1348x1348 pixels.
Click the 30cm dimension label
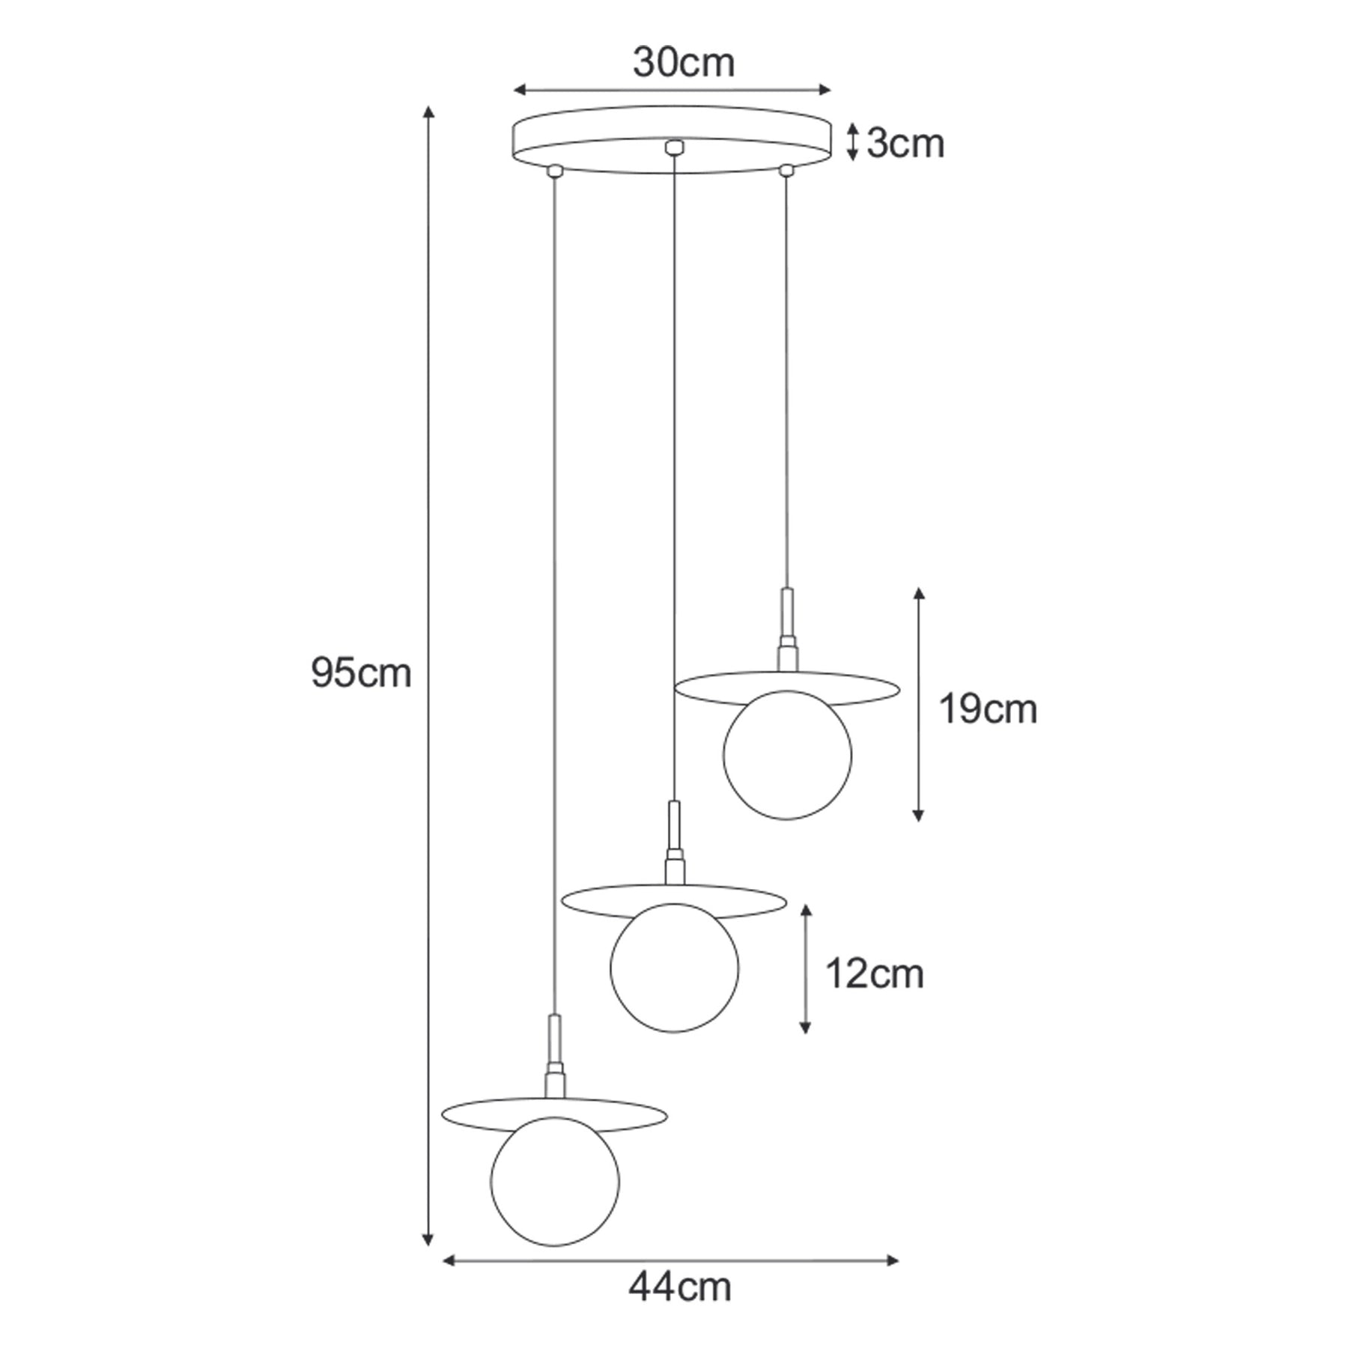coord(683,63)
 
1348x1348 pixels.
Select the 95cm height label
coord(361,673)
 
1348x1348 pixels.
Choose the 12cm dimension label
coord(874,974)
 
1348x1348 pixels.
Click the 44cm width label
coord(679,1287)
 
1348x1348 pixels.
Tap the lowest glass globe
coord(555,1182)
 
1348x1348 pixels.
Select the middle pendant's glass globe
coord(674,968)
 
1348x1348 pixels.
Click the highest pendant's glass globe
coord(787,755)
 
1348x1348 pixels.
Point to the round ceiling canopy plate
coord(672,139)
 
